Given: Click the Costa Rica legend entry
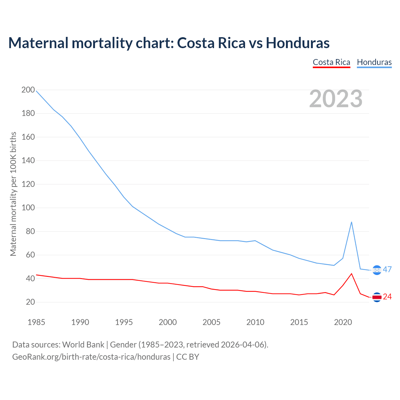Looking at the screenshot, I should click(x=331, y=62).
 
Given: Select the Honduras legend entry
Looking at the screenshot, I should click(x=374, y=62).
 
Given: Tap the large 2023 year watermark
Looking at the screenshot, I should click(x=336, y=99).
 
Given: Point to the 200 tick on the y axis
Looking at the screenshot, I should click(x=28, y=90).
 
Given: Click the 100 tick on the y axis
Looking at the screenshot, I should click(x=28, y=208).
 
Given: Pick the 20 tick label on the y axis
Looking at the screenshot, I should click(x=30, y=302).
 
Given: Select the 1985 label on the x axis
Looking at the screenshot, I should click(x=36, y=322).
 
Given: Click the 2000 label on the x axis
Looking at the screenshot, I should click(x=168, y=322).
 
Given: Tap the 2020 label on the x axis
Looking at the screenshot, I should click(x=343, y=322).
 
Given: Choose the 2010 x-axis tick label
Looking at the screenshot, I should click(x=255, y=322).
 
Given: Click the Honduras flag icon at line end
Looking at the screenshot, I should click(x=377, y=270).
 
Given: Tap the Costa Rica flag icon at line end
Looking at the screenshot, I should click(x=377, y=297).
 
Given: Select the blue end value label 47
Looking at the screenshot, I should click(x=387, y=269).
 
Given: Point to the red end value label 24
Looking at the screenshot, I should click(x=387, y=297).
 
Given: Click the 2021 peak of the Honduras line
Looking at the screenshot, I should click(x=352, y=222).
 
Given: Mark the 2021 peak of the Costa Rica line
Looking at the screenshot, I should click(x=352, y=274).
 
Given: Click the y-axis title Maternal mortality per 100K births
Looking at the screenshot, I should click(x=13, y=194).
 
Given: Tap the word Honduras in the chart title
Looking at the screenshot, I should click(x=297, y=43).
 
